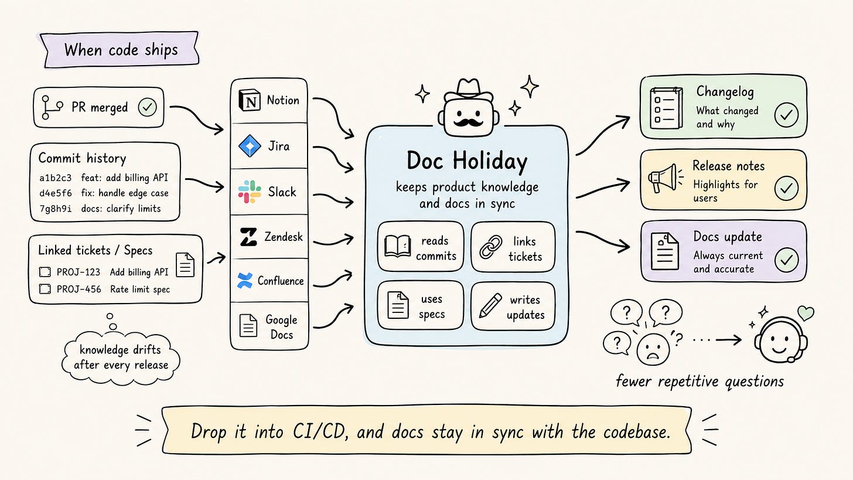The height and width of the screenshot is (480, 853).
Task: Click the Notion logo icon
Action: point(250,100)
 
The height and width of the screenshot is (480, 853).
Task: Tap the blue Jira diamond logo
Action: point(250,146)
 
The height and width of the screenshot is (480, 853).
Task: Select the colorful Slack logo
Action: point(250,192)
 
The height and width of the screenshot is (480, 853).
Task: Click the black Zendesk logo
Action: point(248,237)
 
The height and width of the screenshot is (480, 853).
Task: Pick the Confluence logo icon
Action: point(244,280)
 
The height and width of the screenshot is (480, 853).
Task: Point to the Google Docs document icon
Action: point(248,325)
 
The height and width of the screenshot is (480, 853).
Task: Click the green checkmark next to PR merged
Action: point(148,107)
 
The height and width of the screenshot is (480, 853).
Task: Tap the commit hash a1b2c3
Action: point(55,178)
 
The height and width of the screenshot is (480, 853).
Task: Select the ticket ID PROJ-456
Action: point(79,289)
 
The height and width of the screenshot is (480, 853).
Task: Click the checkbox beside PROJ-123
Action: point(45,272)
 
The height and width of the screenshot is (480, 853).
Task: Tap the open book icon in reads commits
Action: point(397,246)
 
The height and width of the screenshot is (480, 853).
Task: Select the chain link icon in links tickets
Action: point(490,247)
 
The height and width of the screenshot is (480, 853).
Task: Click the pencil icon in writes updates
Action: point(490,305)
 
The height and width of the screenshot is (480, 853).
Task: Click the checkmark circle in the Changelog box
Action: point(786,115)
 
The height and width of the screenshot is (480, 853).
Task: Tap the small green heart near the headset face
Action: point(806,313)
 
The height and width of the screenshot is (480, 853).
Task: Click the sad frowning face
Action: point(653,349)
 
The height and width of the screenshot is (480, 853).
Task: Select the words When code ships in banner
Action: point(121,50)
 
